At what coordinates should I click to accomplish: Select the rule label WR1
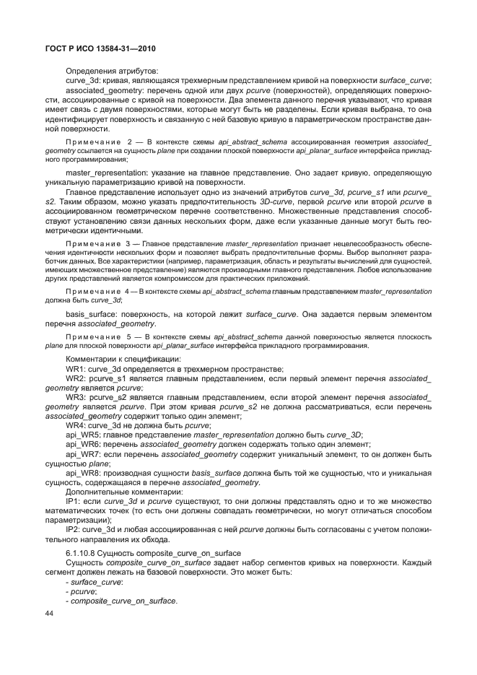click(76, 368)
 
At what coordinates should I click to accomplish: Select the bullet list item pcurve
click(82, 591)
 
